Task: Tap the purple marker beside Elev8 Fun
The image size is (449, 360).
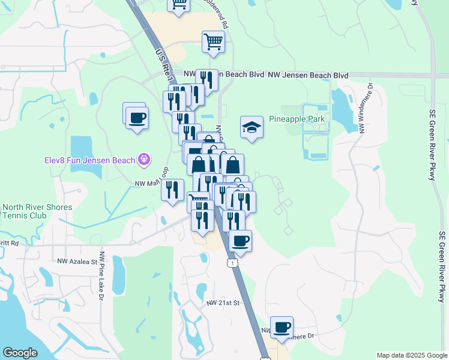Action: click(143, 160)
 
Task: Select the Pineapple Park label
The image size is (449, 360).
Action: click(297, 119)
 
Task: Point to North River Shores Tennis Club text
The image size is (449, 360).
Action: click(37, 211)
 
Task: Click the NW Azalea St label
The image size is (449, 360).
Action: click(77, 262)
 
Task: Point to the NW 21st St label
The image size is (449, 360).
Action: click(223, 303)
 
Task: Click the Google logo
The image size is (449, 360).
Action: click(20, 353)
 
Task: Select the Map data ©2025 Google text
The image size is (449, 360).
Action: click(411, 355)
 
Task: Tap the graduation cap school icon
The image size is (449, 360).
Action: click(252, 127)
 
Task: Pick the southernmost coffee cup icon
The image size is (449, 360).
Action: click(282, 327)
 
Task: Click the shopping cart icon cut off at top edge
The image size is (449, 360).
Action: click(179, 5)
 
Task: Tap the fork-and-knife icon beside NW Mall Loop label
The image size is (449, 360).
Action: click(172, 190)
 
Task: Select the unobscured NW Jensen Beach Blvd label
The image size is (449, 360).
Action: click(308, 76)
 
